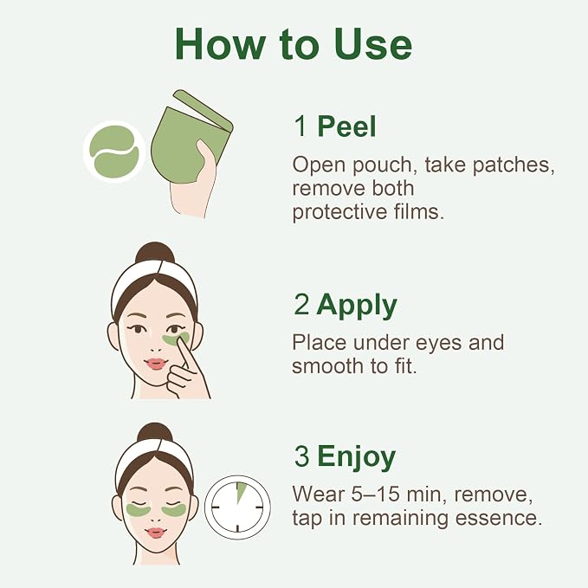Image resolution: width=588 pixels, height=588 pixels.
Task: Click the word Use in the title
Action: click(x=373, y=44)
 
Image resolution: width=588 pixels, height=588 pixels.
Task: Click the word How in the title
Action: click(x=220, y=44)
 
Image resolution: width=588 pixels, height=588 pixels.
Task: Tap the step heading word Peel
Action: click(x=346, y=126)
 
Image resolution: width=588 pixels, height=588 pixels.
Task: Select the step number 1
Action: click(x=300, y=126)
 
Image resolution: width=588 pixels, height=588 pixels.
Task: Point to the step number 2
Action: click(x=301, y=304)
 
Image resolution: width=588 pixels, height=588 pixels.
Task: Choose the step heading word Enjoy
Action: click(x=356, y=458)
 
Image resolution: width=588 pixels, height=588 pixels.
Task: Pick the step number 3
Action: click(x=301, y=456)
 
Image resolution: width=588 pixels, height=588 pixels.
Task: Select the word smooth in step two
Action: click(x=327, y=365)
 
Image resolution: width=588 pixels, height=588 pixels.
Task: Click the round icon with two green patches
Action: click(x=114, y=152)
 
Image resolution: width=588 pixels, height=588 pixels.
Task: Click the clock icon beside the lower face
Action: click(x=237, y=507)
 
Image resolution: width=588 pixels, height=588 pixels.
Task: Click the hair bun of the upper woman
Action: click(x=155, y=253)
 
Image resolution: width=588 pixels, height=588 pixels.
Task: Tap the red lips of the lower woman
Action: click(x=156, y=533)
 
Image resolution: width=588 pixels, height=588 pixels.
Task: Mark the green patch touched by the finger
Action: click(x=176, y=339)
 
